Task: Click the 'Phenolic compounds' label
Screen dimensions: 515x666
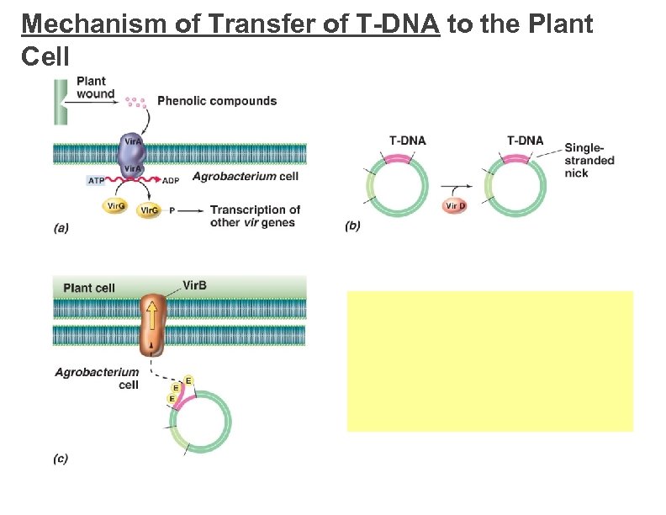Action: click(x=217, y=101)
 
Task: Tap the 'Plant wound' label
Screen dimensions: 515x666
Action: click(x=95, y=88)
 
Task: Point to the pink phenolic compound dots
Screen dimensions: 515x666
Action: click(x=135, y=102)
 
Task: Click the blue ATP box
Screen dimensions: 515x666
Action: click(x=98, y=180)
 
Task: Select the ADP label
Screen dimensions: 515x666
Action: click(x=170, y=180)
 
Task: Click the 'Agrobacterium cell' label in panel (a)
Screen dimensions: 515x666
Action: click(x=245, y=177)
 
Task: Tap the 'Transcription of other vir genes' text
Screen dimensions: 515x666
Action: click(x=255, y=216)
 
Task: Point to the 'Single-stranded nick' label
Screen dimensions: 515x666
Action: click(x=589, y=160)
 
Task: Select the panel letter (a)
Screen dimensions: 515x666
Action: click(x=61, y=226)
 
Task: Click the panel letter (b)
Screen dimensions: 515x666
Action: click(x=352, y=226)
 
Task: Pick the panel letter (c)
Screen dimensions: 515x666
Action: click(x=61, y=459)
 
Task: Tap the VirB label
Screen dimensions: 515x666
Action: click(x=194, y=285)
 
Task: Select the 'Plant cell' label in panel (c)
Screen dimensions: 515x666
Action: click(x=89, y=288)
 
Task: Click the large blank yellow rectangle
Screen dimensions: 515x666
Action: click(x=489, y=361)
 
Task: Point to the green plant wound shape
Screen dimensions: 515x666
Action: click(x=60, y=102)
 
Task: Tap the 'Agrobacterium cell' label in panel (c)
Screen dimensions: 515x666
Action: click(x=97, y=378)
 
